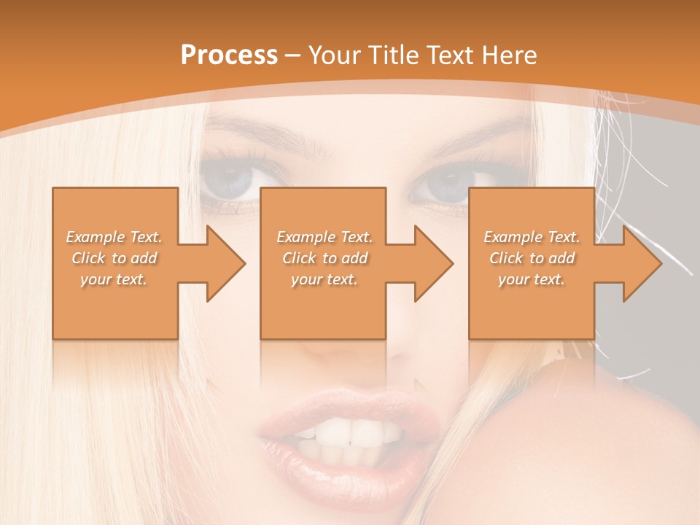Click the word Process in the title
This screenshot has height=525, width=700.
[x=229, y=55]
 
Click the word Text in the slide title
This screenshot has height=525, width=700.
[x=452, y=55]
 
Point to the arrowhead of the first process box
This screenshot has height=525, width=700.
[x=226, y=263]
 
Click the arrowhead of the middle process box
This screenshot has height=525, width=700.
[x=434, y=263]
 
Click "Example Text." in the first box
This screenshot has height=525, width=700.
[x=114, y=236]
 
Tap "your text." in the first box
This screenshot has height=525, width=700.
[x=114, y=279]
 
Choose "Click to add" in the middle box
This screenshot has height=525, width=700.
[x=324, y=257]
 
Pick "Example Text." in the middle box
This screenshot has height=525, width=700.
[x=324, y=236]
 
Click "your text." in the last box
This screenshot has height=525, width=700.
[x=532, y=279]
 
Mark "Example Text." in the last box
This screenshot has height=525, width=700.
[x=532, y=236]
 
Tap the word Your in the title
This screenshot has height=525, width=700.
[x=335, y=55]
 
